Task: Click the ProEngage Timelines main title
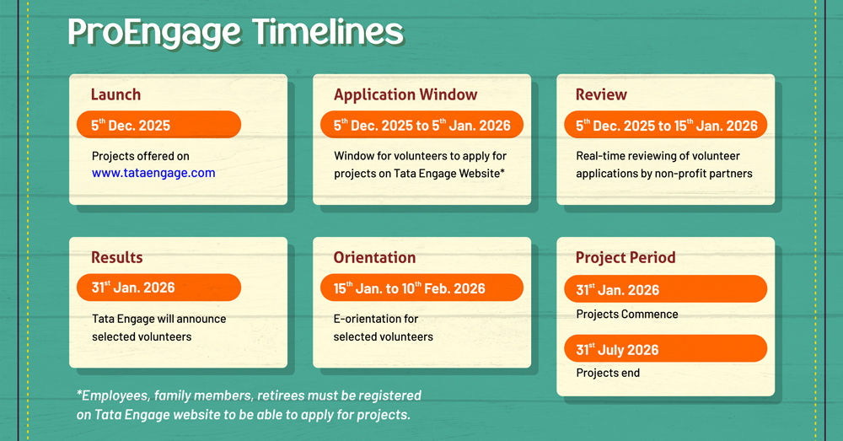235,32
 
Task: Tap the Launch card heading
115,94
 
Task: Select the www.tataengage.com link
153,173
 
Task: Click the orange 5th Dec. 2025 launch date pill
158,125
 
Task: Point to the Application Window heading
405,94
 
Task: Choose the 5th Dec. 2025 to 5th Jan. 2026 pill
421,125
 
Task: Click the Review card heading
601,94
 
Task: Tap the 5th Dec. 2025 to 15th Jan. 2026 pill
666,125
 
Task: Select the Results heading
116,258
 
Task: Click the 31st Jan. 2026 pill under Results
158,288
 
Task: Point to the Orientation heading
374,258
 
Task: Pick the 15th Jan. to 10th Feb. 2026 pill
421,288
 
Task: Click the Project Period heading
626,258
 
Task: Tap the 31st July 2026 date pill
666,349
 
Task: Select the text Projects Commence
627,314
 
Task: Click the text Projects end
608,374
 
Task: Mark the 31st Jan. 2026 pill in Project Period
666,289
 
